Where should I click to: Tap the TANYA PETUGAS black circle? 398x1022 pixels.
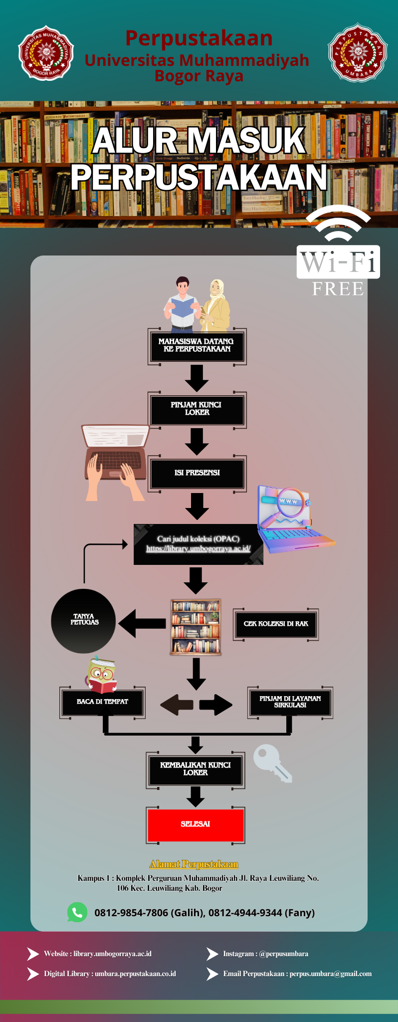83,621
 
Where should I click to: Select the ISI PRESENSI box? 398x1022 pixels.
197,473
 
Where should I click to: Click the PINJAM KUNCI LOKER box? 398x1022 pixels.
197,409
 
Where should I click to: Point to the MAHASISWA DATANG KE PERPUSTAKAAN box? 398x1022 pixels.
197,345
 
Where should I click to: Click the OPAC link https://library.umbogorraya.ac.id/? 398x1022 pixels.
198,549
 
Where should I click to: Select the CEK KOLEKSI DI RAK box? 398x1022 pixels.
275,624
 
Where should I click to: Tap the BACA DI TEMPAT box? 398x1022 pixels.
102,702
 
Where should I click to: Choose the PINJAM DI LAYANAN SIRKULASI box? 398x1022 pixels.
290,702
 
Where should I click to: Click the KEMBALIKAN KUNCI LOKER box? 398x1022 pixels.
196,769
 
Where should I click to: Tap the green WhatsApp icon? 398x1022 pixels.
77,912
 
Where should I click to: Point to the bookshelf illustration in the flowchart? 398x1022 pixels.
196,627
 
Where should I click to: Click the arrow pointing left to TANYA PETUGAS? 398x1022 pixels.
143,623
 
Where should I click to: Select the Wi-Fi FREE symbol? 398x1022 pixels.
338,252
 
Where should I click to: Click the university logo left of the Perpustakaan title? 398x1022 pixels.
46,52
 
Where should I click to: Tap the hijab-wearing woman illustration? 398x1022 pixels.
215,305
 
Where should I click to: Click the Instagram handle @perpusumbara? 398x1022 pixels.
283,954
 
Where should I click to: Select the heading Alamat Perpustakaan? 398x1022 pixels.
194,864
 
